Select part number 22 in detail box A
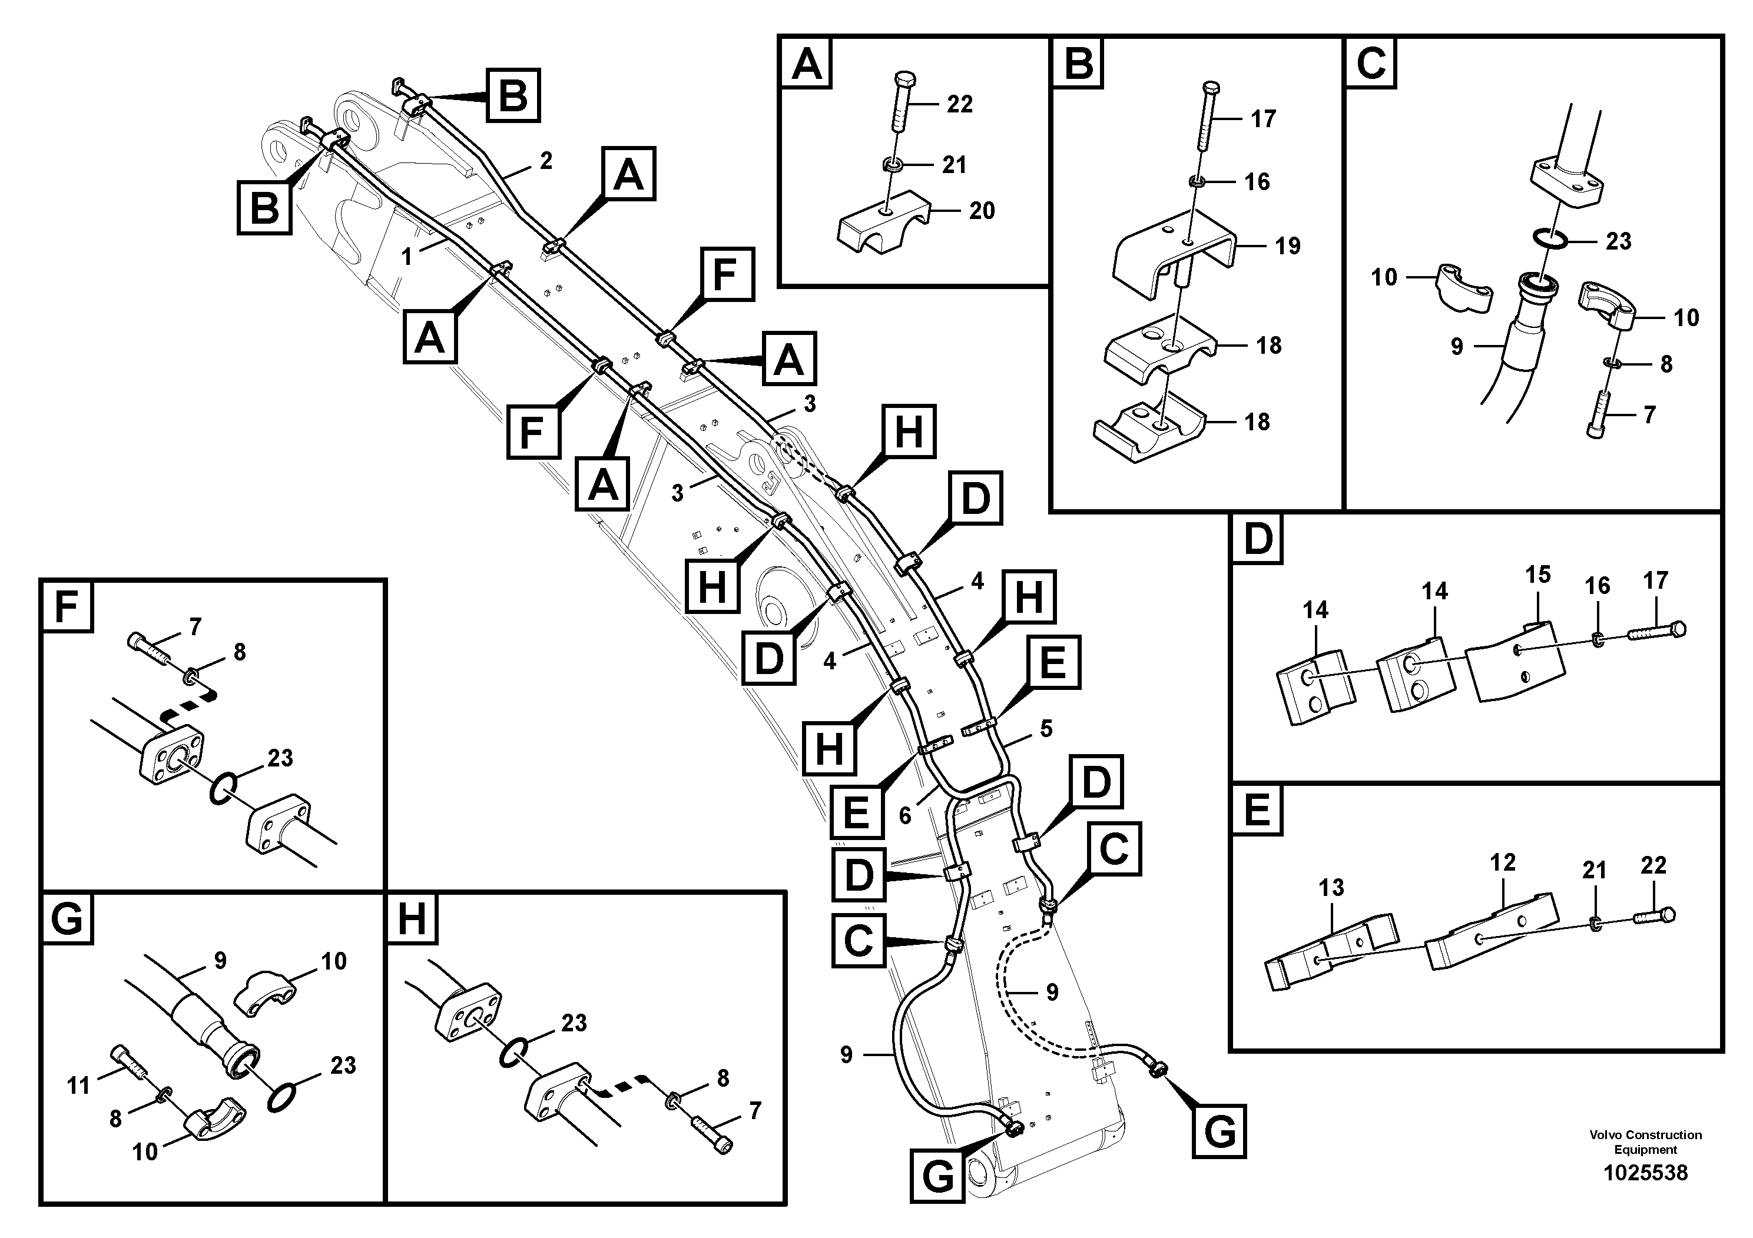[959, 105]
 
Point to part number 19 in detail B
[1287, 245]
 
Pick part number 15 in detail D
[1537, 575]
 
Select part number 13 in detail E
[1331, 887]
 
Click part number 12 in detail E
[1502, 862]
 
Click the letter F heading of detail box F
[67, 606]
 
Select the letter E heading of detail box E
[1257, 810]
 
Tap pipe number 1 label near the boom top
[407, 257]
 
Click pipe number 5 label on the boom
[1046, 729]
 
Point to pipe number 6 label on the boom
[904, 816]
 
